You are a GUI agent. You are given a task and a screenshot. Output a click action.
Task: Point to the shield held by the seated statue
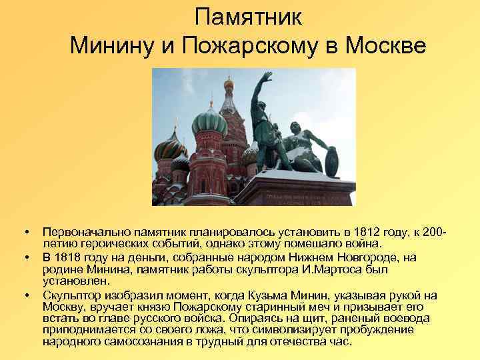tap(331, 161)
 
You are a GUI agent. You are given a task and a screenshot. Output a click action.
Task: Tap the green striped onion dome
tap(209, 122)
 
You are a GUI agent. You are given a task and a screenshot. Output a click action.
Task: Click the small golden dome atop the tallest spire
tap(229, 84)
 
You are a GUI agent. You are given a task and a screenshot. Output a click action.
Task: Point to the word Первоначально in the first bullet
tap(81, 233)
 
